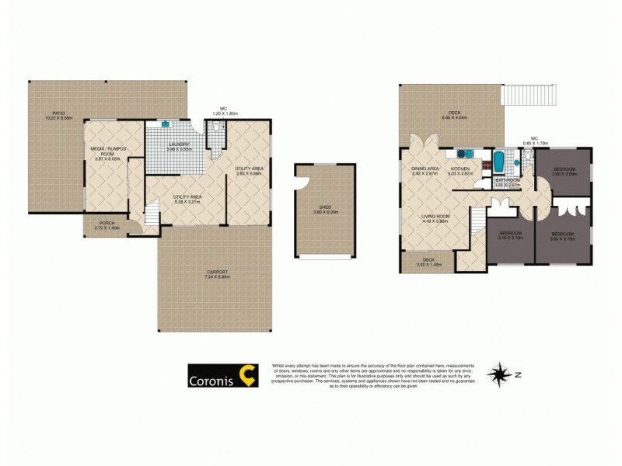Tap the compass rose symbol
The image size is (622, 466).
click(x=498, y=375)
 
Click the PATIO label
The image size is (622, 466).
click(x=54, y=115)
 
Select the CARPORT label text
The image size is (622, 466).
click(x=215, y=273)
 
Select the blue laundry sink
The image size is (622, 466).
click(x=166, y=123)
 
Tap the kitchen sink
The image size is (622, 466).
click(x=462, y=153)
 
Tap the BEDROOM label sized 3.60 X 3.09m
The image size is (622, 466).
click(x=564, y=170)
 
